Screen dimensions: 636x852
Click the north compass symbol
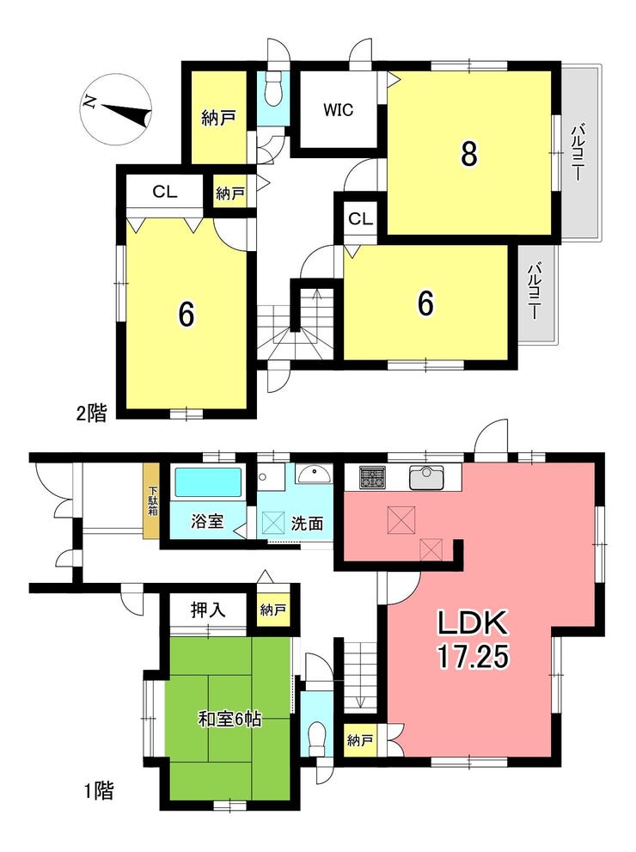click(116, 109)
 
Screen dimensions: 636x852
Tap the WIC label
click(338, 110)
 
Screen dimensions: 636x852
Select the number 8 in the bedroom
click(468, 153)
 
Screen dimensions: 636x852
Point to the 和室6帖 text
click(229, 720)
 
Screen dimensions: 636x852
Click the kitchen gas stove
click(372, 478)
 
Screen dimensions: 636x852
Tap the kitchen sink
click(426, 478)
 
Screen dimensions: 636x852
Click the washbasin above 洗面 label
click(314, 474)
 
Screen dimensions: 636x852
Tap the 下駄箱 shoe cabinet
click(151, 500)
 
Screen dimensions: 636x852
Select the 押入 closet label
click(207, 610)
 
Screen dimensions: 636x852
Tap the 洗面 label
click(308, 524)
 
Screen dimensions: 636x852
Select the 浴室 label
click(207, 521)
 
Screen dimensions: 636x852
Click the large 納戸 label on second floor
click(218, 118)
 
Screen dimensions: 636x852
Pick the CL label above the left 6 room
click(164, 192)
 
